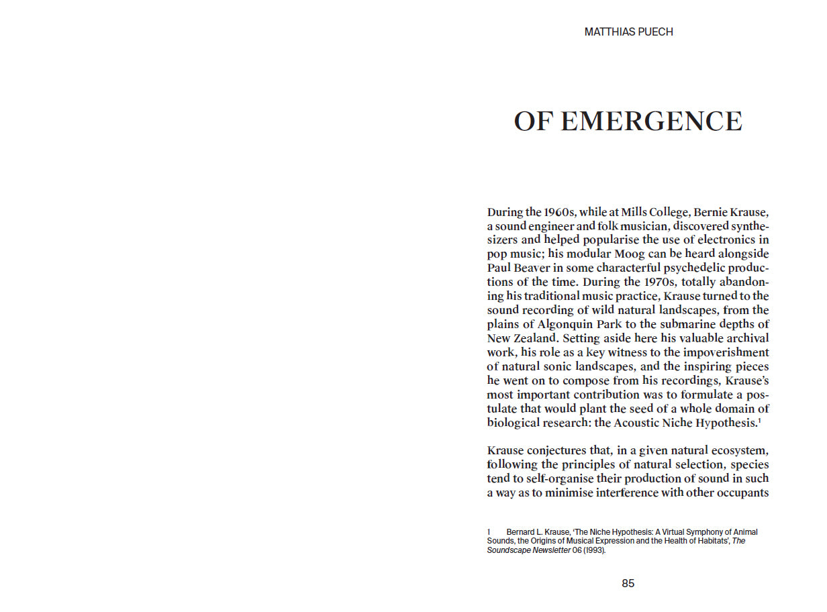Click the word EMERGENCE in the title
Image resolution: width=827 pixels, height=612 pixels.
(x=650, y=121)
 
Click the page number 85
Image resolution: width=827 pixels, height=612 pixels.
(x=628, y=583)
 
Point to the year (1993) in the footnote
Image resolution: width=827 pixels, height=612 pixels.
(x=595, y=550)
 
